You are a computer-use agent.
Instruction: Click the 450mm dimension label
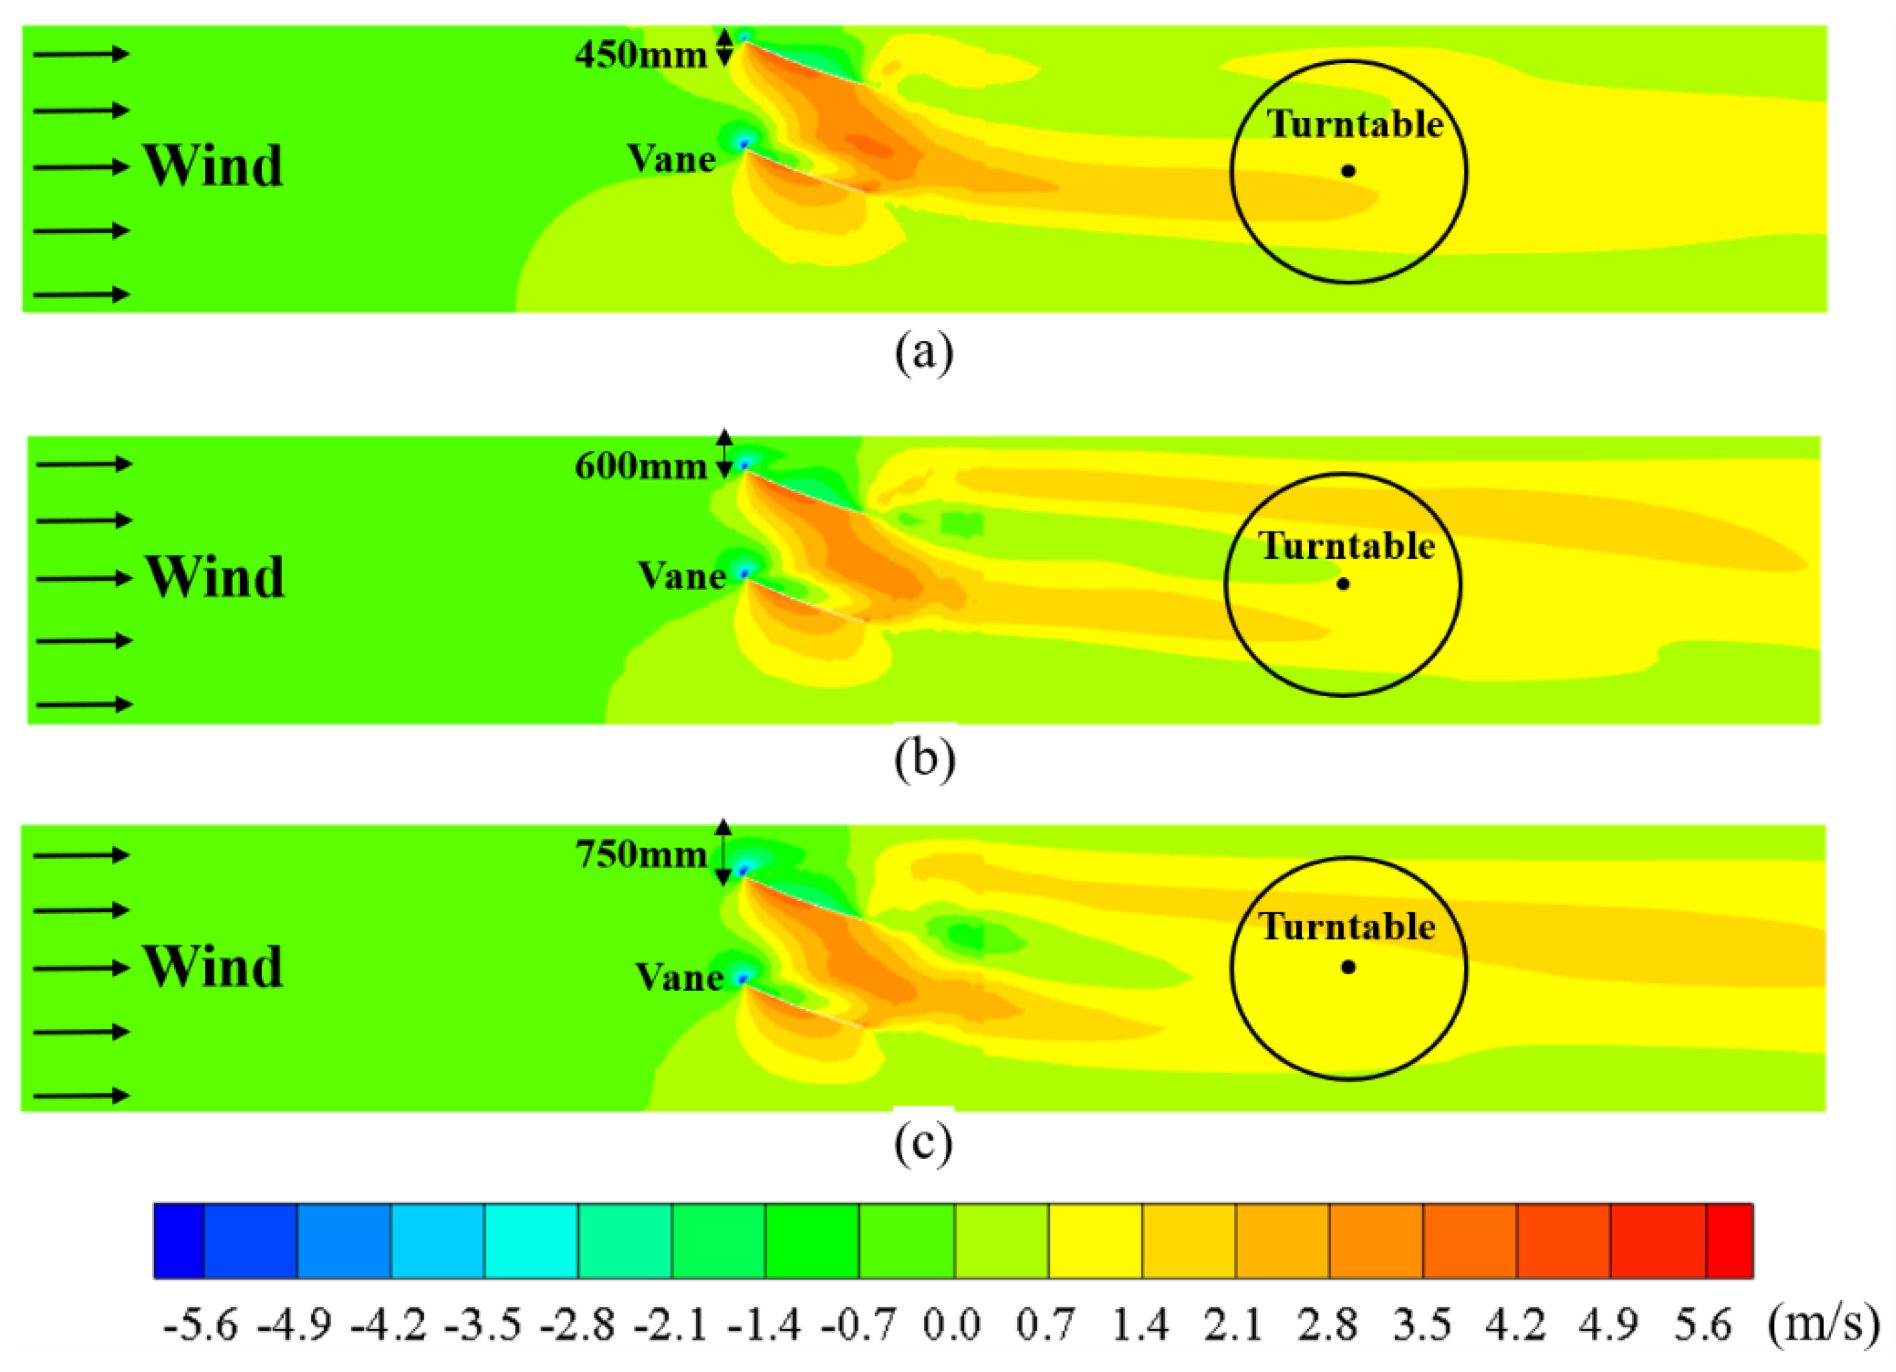(640, 55)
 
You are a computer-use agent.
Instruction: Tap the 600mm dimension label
(640, 466)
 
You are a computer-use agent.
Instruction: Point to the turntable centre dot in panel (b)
(1343, 584)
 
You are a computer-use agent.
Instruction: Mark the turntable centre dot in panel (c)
(1347, 967)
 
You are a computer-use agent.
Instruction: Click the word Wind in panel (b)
(216, 577)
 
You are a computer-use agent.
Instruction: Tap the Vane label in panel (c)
(679, 977)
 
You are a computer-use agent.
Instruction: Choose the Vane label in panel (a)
(671, 159)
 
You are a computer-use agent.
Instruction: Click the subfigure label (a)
(924, 353)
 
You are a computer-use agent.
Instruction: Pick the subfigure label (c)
(924, 1144)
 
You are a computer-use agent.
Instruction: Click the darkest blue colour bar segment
(179, 1241)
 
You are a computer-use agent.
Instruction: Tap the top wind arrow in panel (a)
(81, 54)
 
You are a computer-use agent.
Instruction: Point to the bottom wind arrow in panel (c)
(81, 1095)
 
